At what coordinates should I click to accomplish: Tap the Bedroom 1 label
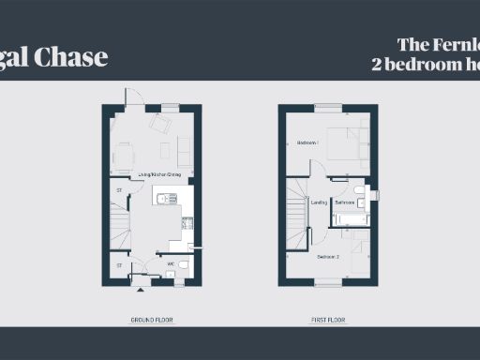pyautogui.click(x=307, y=142)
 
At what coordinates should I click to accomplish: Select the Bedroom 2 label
pyautogui.click(x=328, y=257)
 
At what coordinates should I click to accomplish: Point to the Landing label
pyautogui.click(x=319, y=202)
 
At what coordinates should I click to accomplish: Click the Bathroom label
pyautogui.click(x=344, y=202)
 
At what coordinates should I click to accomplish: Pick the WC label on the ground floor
pyautogui.click(x=171, y=264)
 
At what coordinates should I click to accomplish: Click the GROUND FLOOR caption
pyautogui.click(x=152, y=321)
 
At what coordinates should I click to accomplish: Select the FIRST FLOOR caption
pyautogui.click(x=328, y=321)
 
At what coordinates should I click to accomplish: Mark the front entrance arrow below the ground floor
pyautogui.click(x=141, y=291)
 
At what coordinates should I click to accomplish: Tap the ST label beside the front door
pyautogui.click(x=119, y=265)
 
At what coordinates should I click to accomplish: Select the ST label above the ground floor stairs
pyautogui.click(x=119, y=191)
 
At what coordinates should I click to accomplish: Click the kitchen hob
pyautogui.click(x=187, y=224)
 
